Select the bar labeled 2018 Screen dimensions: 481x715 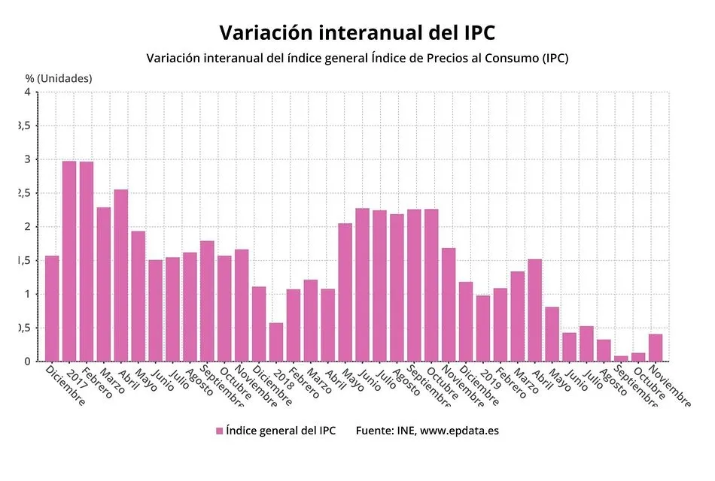tap(276, 342)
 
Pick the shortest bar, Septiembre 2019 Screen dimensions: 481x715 tap(621, 358)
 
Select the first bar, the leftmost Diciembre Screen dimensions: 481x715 tap(52, 308)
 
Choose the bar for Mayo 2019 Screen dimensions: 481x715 tap(552, 334)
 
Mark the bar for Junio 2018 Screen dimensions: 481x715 tap(362, 285)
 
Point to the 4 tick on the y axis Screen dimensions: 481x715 tap(27, 92)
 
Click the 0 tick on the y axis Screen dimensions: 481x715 tap(27, 362)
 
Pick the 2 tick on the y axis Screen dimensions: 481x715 tap(27, 227)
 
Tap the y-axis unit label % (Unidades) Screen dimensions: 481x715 tap(59, 77)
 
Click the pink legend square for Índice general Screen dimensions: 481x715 tap(220, 431)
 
